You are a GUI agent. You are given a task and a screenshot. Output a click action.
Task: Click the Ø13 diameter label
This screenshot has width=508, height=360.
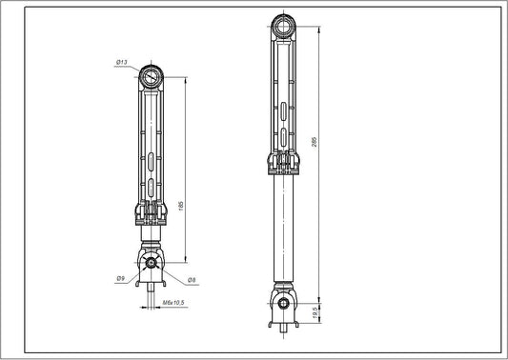[123, 62]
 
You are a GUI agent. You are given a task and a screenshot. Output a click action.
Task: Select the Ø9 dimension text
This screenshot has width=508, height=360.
[121, 279]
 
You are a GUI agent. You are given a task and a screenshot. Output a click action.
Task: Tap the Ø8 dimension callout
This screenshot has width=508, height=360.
[192, 279]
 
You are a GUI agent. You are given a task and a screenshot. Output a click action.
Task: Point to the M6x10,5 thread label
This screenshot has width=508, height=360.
[173, 302]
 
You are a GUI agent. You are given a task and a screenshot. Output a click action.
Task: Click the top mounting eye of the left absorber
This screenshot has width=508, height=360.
[151, 76]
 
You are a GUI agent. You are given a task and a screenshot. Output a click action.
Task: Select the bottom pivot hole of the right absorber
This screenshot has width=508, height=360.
[284, 305]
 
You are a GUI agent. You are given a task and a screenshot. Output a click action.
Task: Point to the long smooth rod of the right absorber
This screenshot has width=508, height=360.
[284, 229]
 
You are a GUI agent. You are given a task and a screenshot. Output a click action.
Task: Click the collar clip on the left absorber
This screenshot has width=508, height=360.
[152, 214]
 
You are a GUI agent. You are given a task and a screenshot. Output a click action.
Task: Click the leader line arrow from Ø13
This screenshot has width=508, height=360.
[139, 70]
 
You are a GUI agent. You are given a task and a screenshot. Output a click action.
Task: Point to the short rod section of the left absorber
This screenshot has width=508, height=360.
[152, 237]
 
